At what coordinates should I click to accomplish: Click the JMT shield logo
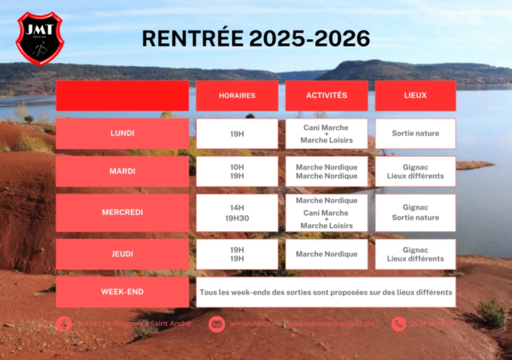point(39,38)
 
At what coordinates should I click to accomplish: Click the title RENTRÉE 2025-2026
point(255,39)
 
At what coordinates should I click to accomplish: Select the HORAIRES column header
point(237,96)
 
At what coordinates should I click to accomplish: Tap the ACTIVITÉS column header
point(327,96)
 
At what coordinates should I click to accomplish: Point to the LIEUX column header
point(415,96)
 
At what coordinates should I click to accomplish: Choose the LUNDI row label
point(122,134)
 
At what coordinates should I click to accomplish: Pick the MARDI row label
point(122,171)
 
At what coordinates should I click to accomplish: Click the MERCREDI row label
point(122,213)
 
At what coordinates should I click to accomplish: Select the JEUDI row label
point(122,254)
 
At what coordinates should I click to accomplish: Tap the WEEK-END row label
point(122,292)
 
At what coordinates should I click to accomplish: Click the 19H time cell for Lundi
point(237,134)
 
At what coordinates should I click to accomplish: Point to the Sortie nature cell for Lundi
point(415,134)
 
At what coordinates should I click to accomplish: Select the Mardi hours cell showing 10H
point(237,171)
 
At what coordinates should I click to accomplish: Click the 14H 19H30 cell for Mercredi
point(237,213)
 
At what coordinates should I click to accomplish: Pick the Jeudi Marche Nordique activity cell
point(327,254)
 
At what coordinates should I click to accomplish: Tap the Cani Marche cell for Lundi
point(327,134)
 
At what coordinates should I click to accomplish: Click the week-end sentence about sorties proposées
point(326,292)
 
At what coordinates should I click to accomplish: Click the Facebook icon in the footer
point(64,324)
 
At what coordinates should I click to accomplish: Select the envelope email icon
point(216,324)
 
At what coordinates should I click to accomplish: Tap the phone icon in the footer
point(399,324)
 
